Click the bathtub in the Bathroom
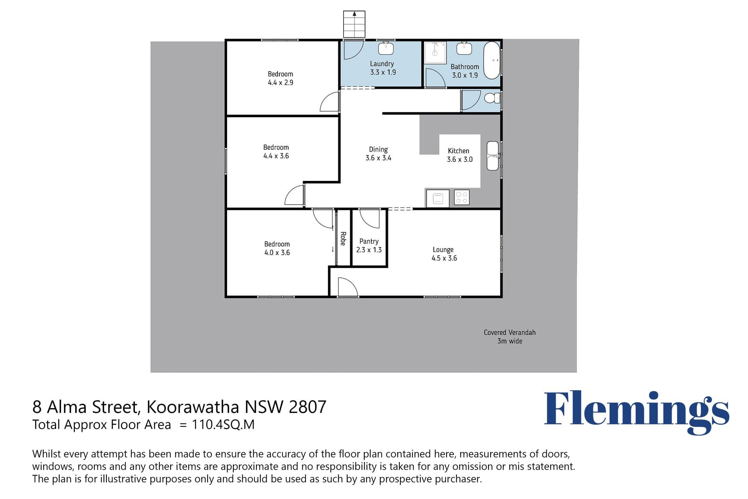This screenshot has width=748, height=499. (x=492, y=60)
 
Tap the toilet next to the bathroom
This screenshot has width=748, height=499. (x=492, y=97)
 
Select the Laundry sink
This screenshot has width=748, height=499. (x=386, y=48)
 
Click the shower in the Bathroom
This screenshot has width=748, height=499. (x=435, y=53)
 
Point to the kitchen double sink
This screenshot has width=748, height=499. (x=493, y=156)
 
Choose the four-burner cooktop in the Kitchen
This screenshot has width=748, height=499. (x=462, y=198)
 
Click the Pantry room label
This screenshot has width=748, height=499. (x=369, y=241)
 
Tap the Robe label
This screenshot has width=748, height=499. (x=343, y=239)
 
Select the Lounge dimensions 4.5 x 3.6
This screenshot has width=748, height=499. (x=444, y=258)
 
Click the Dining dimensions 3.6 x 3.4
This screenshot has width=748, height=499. (x=378, y=158)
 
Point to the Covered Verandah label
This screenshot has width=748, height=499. (x=510, y=333)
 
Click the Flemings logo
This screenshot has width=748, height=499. (x=637, y=413)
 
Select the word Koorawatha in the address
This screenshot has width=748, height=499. (x=193, y=407)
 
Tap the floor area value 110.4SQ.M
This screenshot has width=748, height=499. (x=223, y=425)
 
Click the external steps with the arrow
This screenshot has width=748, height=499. (x=354, y=24)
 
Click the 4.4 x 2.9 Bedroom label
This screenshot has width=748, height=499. (x=280, y=78)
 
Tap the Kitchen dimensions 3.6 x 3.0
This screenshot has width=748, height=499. (x=460, y=159)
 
